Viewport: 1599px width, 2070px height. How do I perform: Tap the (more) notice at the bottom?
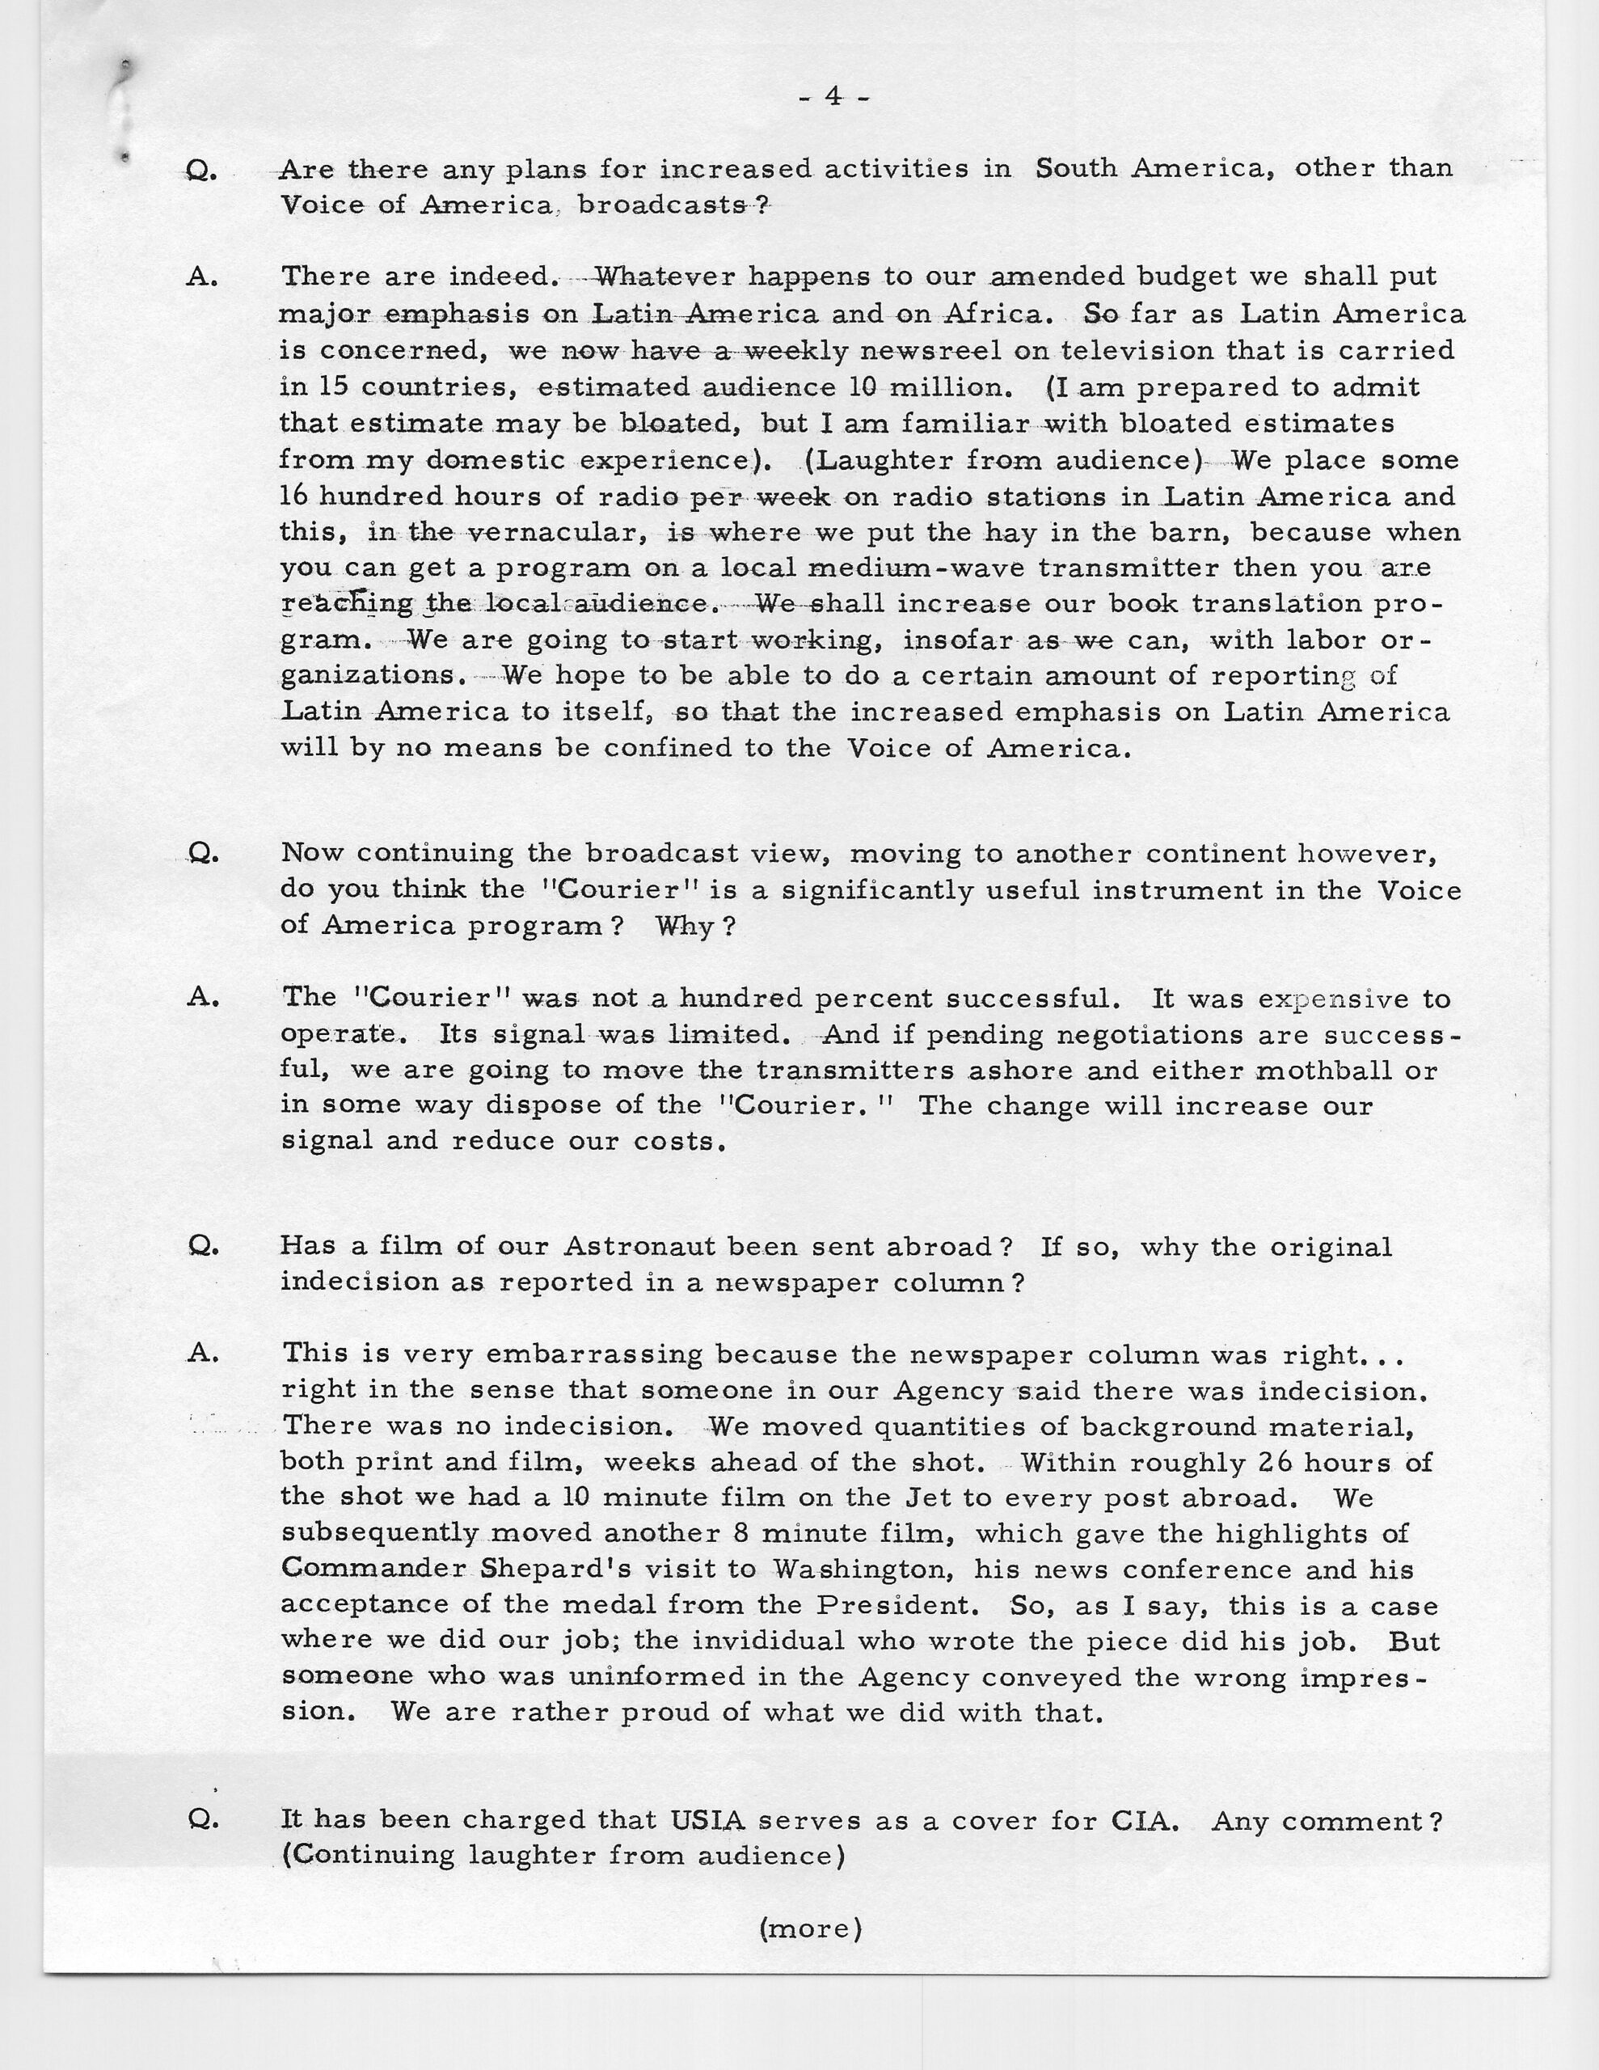(810, 1928)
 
